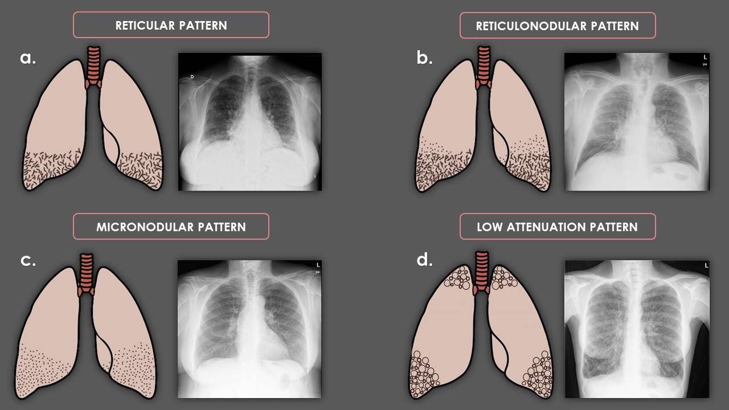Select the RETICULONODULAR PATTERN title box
pos(557,26)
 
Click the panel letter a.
pos(28,57)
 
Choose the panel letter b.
pos(424,57)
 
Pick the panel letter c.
pos(28,260)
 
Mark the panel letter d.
pos(424,260)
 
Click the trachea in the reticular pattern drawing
pos(93,65)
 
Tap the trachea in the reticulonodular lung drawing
pos(484,65)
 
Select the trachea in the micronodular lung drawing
pos(86,270)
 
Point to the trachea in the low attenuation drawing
pos(482,270)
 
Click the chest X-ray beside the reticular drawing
pos(250,122)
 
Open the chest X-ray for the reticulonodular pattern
pos(637,122)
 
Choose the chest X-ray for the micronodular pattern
pos(249,329)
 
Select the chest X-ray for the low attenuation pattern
pos(637,329)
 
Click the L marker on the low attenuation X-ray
pos(706,265)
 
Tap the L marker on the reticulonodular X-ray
pos(705,58)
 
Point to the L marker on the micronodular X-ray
pos(318,265)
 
